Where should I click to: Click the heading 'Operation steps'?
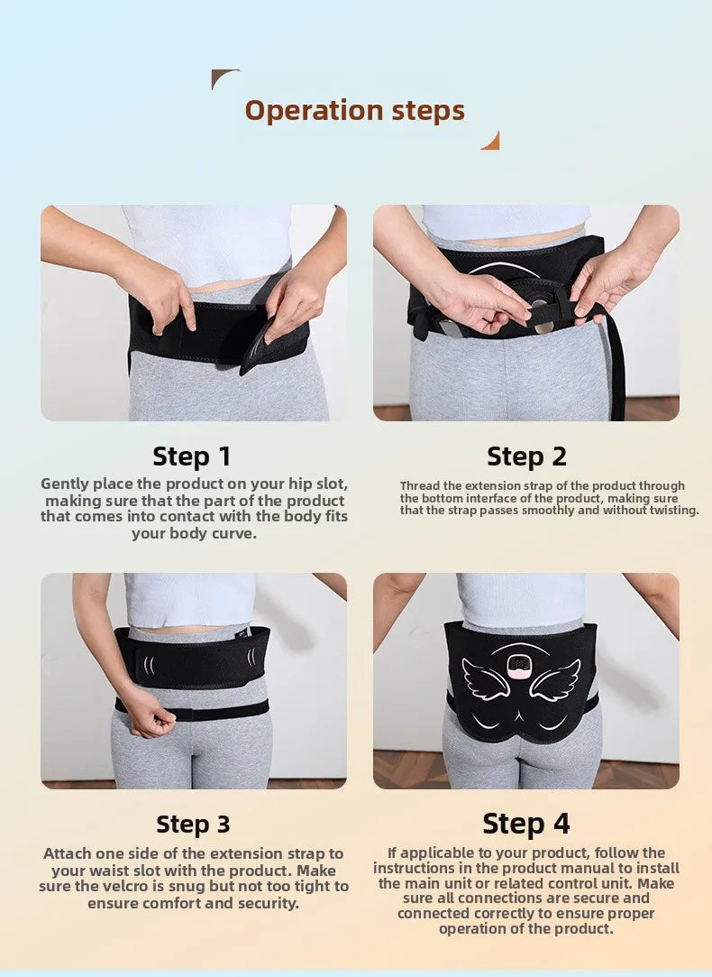[x=354, y=110]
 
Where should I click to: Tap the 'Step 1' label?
[x=192, y=456]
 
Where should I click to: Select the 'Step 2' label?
[x=526, y=456]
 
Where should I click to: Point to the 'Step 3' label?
[x=193, y=824]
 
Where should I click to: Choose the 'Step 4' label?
[x=526, y=824]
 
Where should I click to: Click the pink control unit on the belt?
[x=519, y=667]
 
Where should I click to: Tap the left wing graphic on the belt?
[x=484, y=679]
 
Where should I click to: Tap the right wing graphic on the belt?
[x=556, y=679]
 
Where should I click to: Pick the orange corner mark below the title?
[x=490, y=141]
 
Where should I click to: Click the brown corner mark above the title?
[x=224, y=78]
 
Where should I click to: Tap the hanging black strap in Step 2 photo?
[x=617, y=370]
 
